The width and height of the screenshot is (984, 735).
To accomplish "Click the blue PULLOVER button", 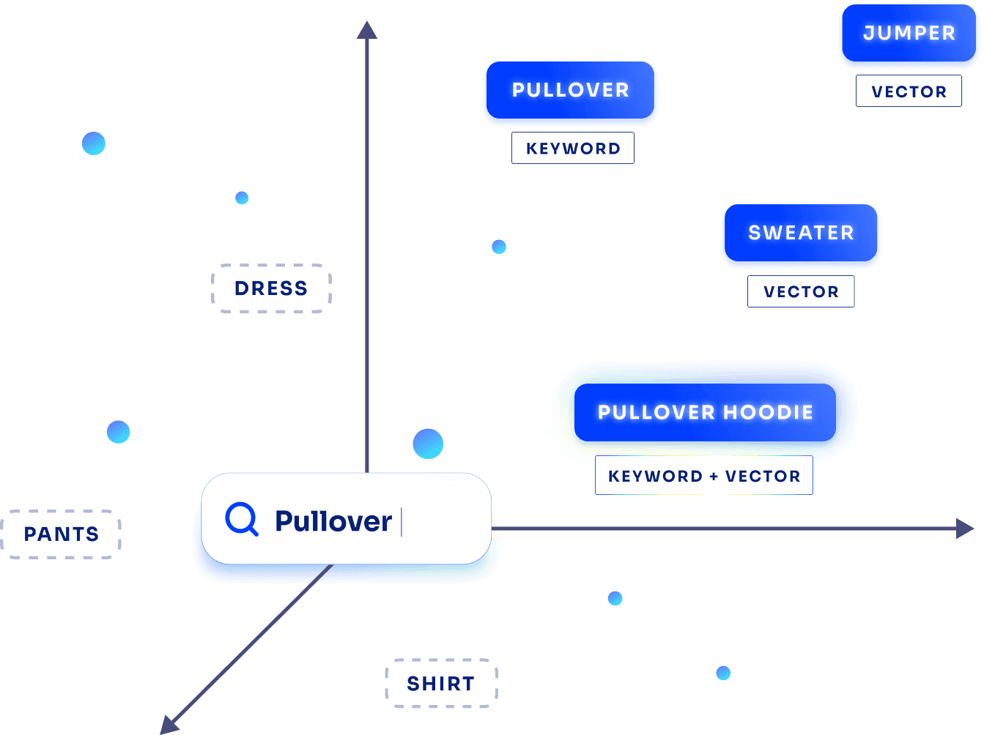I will point(570,91).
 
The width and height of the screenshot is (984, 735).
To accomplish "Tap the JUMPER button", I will point(909,34).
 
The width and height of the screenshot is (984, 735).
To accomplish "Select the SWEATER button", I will point(801,234).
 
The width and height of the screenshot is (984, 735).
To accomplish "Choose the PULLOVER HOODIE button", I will point(705,413).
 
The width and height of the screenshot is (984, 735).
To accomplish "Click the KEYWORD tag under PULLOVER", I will point(573,149).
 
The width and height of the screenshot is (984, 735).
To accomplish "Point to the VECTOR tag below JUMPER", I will point(909,92).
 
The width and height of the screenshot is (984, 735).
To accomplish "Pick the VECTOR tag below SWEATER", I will point(801,292).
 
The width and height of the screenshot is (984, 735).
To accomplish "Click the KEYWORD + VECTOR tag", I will point(703,477).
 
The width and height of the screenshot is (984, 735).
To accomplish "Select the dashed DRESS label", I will point(271,288).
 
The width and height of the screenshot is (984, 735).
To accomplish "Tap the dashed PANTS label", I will point(62,534).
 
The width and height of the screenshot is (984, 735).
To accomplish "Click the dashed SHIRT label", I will point(441,684).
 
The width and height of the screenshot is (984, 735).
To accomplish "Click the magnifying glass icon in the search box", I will point(241,520).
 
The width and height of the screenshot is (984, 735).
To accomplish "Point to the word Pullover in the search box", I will point(333,521).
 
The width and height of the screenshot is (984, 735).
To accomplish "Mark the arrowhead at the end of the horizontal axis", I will point(966,529).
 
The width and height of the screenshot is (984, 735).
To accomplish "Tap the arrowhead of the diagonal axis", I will point(169,725).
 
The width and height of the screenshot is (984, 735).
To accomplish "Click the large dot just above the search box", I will point(428,444).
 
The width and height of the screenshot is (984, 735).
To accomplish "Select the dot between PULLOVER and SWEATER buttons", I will point(499,247).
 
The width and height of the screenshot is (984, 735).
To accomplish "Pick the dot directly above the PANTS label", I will point(118,432).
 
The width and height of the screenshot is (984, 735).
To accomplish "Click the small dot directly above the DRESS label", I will point(242,198).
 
